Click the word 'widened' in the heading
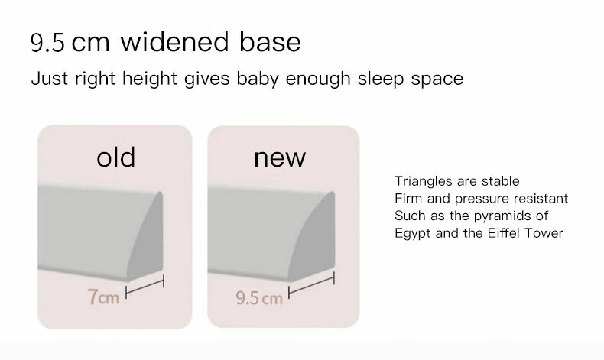point(175,41)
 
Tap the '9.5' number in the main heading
point(47,42)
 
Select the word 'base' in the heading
point(270,41)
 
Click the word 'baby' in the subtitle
point(258,79)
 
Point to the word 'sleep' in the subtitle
point(381,79)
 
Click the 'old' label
point(116,157)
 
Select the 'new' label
point(280,158)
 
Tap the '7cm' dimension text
point(103,297)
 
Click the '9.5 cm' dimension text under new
point(259,298)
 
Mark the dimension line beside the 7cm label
point(145,287)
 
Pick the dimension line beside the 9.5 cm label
point(311,284)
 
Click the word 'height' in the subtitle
point(150,79)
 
